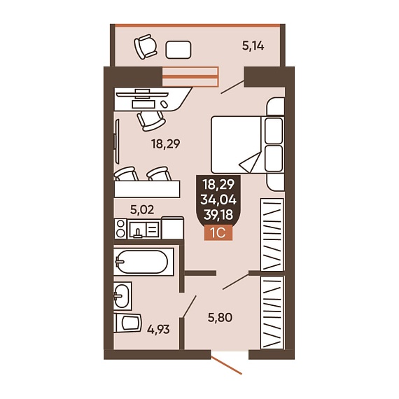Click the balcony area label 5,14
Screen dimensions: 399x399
(x=253, y=46)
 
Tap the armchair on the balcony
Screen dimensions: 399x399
(x=146, y=47)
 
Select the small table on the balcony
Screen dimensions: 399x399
(x=178, y=50)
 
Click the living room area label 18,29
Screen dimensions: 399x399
(x=166, y=143)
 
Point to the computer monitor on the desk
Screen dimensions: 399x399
(x=142, y=94)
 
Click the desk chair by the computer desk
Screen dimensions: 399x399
(x=151, y=120)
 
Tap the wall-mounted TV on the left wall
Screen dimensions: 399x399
(x=117, y=141)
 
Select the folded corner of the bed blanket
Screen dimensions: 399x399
(x=251, y=162)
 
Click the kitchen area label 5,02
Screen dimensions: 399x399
(x=142, y=210)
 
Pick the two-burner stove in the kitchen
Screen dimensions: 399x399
(x=120, y=228)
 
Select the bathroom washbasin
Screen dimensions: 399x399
(x=122, y=295)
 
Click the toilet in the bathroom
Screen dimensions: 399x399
(x=127, y=323)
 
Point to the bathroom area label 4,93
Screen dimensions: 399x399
(x=158, y=330)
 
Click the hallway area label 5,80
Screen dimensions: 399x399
(x=220, y=318)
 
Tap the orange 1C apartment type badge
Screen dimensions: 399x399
(x=218, y=232)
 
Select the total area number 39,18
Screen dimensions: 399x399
(x=218, y=215)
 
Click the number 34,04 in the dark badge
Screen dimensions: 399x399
(x=218, y=199)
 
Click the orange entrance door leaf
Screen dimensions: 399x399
(x=226, y=365)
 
